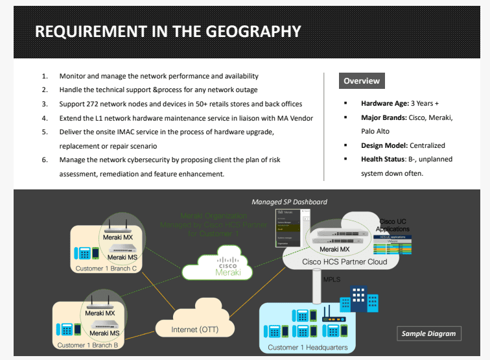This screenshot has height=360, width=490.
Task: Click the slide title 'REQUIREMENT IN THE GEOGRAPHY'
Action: [x=168, y=31]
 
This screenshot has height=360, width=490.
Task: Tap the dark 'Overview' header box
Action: [x=361, y=81]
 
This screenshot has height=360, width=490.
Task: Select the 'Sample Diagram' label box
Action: [x=428, y=333]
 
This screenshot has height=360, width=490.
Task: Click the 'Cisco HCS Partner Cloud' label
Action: [x=345, y=262]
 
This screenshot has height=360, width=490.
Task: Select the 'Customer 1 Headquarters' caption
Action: [x=308, y=348]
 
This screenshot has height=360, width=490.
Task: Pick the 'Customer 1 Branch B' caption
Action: [x=88, y=345]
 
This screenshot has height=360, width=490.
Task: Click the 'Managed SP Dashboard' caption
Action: [x=289, y=202]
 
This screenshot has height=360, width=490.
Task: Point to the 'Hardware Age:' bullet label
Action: [x=384, y=103]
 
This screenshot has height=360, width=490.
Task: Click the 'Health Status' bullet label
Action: [x=382, y=160]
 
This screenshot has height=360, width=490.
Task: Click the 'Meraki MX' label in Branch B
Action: [x=100, y=313]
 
